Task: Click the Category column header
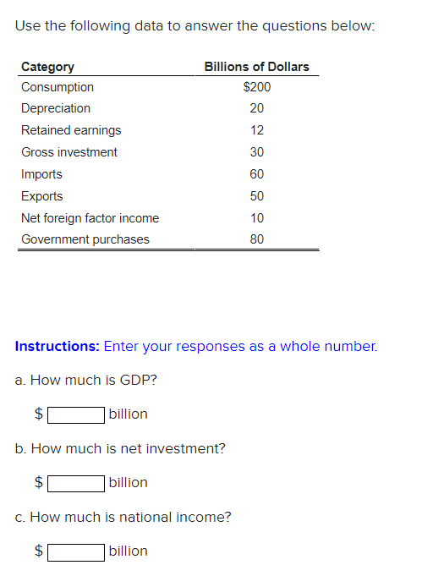pyautogui.click(x=47, y=67)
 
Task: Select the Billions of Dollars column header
pyautogui.click(x=256, y=67)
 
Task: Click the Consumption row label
pyautogui.click(x=58, y=87)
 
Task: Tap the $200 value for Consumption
pyautogui.click(x=256, y=87)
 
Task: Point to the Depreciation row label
pyautogui.click(x=56, y=108)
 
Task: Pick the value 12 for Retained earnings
pyautogui.click(x=257, y=130)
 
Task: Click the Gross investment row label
pyautogui.click(x=69, y=152)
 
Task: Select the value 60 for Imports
pyautogui.click(x=257, y=174)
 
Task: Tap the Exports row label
pyautogui.click(x=42, y=196)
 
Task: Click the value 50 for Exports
pyautogui.click(x=257, y=196)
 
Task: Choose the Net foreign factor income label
pyautogui.click(x=90, y=218)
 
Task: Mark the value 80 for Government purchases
pyautogui.click(x=257, y=239)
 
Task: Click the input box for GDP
pyautogui.click(x=76, y=414)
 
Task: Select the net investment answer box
pyautogui.click(x=76, y=483)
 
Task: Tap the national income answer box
pyautogui.click(x=76, y=551)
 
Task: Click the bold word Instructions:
pyautogui.click(x=58, y=346)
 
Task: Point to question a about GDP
pyautogui.click(x=86, y=380)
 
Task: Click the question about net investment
pyautogui.click(x=120, y=448)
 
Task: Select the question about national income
pyautogui.click(x=123, y=517)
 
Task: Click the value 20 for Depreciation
pyautogui.click(x=257, y=108)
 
